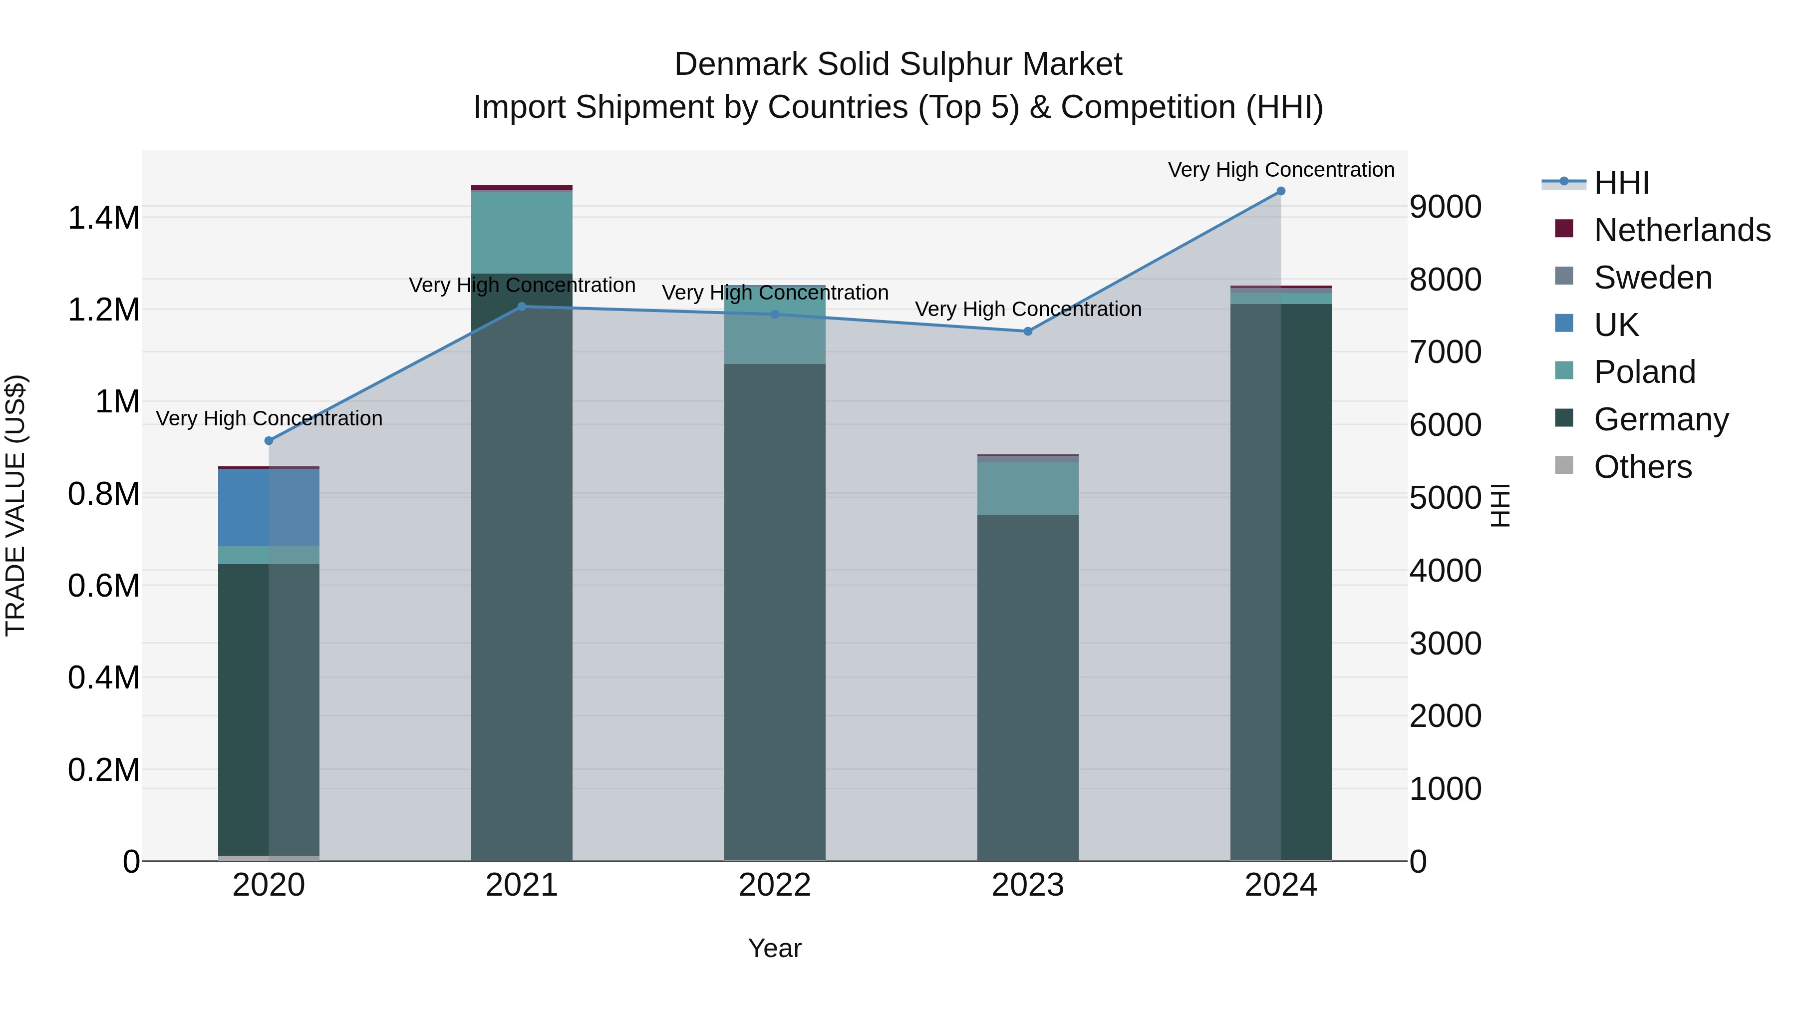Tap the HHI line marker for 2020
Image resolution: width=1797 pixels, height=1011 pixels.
(x=269, y=441)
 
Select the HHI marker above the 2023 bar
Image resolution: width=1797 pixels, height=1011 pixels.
(x=1028, y=332)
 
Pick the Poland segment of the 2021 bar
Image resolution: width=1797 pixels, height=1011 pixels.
(x=522, y=232)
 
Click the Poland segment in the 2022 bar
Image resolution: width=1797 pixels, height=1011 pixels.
(x=774, y=325)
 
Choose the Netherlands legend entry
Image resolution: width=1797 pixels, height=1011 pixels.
(x=1681, y=230)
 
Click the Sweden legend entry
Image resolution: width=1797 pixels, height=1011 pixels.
(x=1652, y=278)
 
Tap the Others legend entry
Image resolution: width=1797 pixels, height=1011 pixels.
(x=1642, y=467)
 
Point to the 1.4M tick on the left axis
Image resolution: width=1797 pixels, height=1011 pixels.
(x=103, y=218)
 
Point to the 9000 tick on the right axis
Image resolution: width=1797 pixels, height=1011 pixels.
(x=1445, y=207)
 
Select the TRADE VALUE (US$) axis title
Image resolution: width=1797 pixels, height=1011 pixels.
(x=15, y=505)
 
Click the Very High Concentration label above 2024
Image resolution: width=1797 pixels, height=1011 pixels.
(x=1281, y=170)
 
